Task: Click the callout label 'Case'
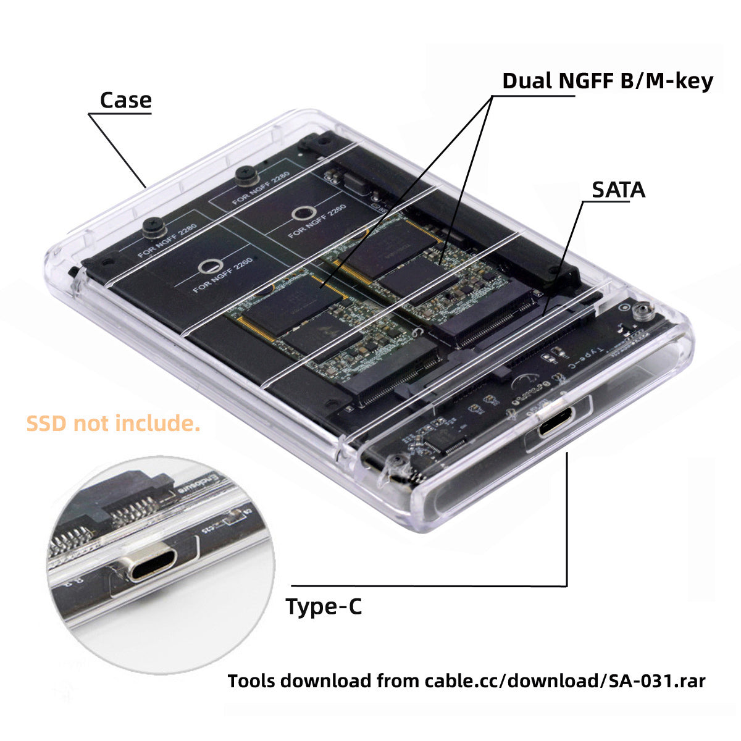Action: [125, 100]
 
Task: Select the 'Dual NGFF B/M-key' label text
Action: [607, 81]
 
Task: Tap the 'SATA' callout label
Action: [618, 190]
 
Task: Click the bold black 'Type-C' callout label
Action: [324, 607]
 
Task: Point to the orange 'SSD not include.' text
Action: [113, 424]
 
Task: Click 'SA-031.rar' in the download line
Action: [656, 681]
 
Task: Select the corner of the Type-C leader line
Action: [566, 585]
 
